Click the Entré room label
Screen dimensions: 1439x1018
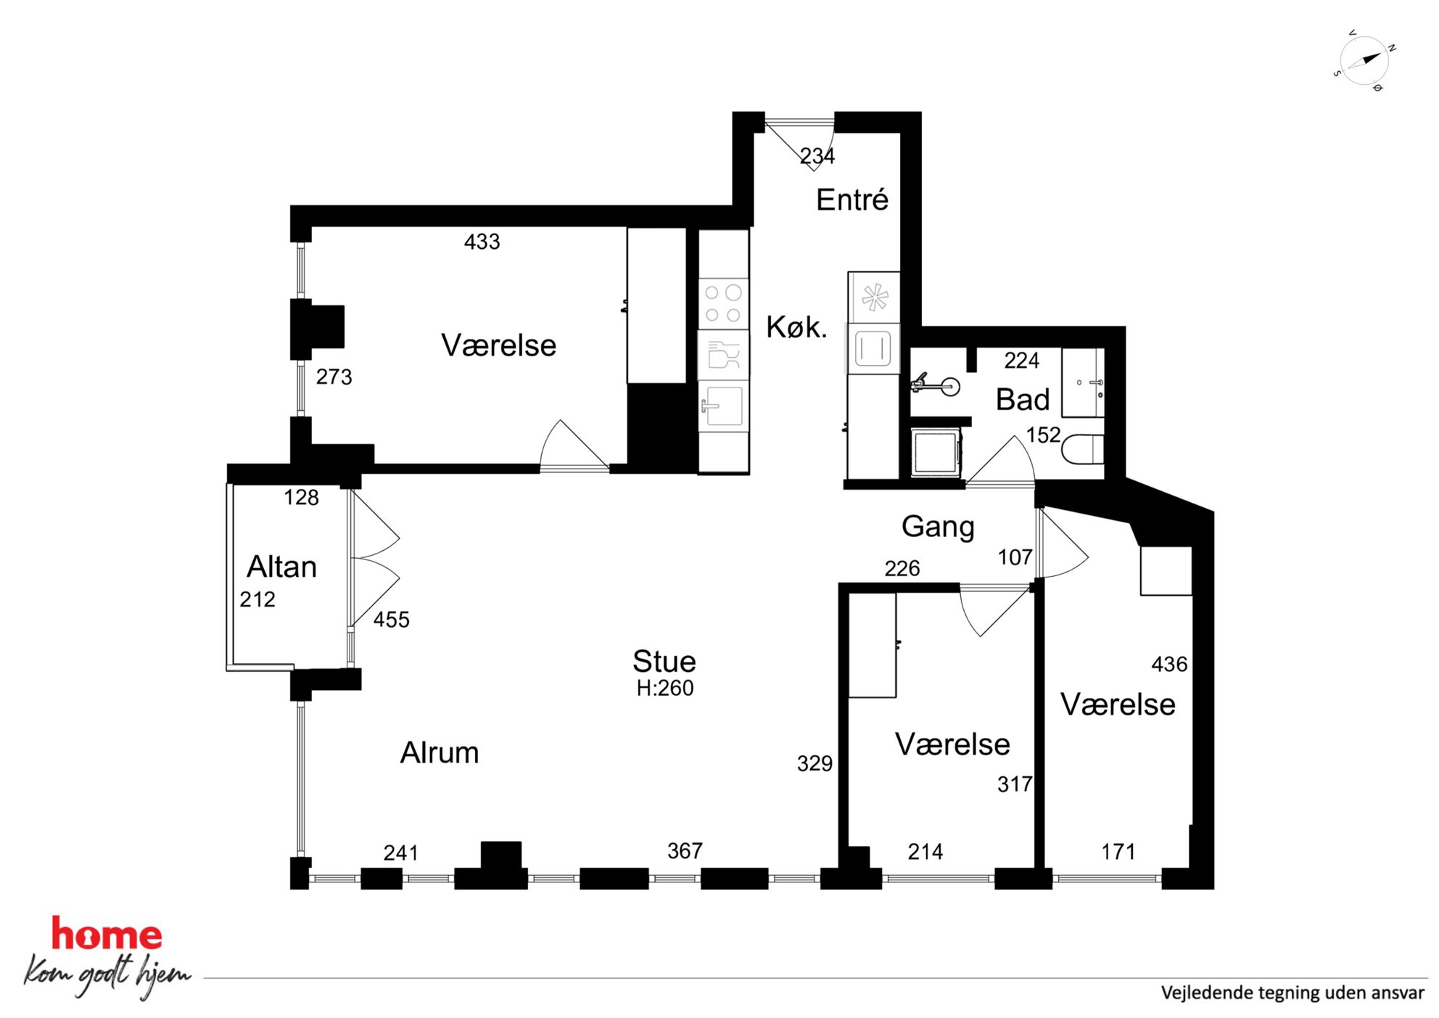click(x=852, y=200)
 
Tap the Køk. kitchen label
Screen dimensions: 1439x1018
click(x=796, y=327)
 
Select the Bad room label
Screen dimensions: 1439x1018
click(x=1023, y=400)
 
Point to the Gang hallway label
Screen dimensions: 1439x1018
click(x=938, y=528)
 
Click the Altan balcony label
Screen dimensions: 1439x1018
click(x=282, y=567)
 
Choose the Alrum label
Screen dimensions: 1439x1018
click(x=440, y=753)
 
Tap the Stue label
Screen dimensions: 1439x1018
click(x=664, y=662)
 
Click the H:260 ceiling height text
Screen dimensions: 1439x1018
click(x=665, y=688)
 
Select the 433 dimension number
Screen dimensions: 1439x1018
click(x=482, y=242)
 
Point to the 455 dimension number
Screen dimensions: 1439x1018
click(x=392, y=620)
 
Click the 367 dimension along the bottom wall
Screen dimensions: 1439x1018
click(x=685, y=850)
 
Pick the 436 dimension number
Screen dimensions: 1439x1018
click(x=1169, y=664)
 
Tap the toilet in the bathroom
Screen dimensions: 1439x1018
click(x=1083, y=449)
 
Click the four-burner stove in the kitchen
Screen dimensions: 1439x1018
click(x=723, y=303)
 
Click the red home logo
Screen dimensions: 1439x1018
click(x=107, y=935)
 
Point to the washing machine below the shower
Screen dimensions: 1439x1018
click(x=936, y=452)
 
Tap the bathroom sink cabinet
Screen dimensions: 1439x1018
click(x=1083, y=382)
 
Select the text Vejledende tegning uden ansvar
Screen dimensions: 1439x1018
click(x=1292, y=993)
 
